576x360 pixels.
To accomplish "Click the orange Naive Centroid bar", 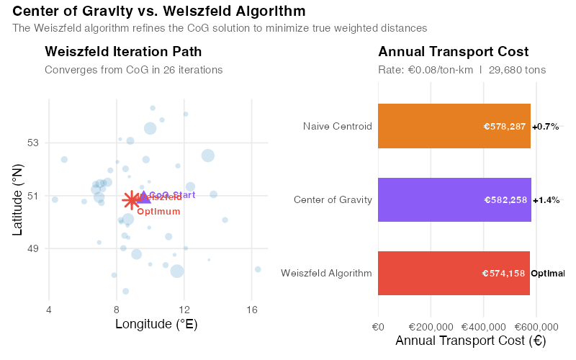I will [454, 126].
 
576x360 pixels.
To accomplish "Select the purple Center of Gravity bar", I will [454, 199].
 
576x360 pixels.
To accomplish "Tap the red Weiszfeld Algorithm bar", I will [454, 273].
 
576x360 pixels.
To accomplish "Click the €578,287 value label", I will [505, 127].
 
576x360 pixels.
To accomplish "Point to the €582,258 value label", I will [505, 200].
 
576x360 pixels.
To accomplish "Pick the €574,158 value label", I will [504, 274].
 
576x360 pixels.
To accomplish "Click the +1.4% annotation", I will [546, 200].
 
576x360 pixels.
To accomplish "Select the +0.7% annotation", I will [545, 127].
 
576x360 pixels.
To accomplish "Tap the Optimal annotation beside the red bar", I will [547, 274].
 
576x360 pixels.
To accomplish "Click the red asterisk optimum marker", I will [130, 200].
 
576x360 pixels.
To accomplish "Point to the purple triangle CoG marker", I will [143, 197].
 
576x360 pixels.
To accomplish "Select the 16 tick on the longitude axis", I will [251, 310].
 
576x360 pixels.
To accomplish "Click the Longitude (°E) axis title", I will [156, 325].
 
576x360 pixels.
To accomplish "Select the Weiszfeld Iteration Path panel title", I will [123, 52].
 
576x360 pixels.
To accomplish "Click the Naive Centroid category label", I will [337, 127].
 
